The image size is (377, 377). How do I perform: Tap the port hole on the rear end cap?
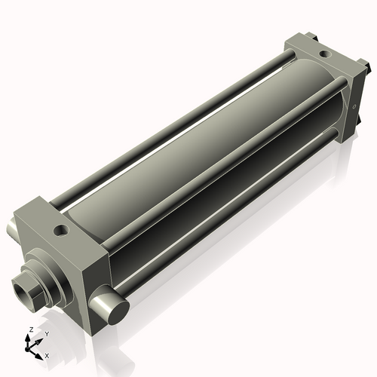(x=323, y=54)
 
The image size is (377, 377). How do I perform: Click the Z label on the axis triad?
(x=30, y=329)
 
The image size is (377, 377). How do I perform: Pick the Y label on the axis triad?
(x=47, y=333)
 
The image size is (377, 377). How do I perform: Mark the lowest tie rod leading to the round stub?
(x=226, y=226)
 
